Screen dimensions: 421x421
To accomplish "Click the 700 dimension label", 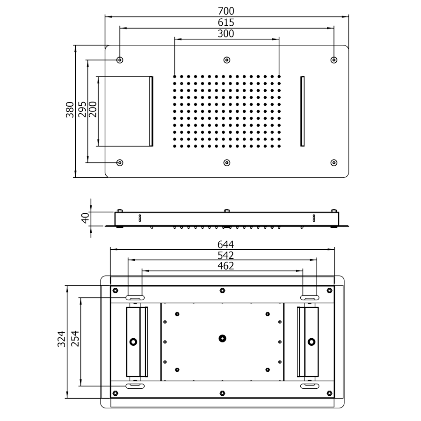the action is click(226, 11).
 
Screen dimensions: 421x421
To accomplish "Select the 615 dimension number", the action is click(226, 22).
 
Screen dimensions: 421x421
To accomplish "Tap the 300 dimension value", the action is click(226, 34).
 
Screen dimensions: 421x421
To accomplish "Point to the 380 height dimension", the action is click(70, 109).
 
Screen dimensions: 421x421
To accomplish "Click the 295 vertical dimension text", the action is click(82, 109).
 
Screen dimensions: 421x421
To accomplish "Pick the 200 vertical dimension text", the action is click(92, 109).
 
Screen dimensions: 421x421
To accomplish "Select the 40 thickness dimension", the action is click(85, 218).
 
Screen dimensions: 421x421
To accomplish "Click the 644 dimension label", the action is click(225, 245).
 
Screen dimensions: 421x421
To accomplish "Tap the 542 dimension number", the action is click(225, 255).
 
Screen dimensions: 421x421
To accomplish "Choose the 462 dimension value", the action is click(225, 266).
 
